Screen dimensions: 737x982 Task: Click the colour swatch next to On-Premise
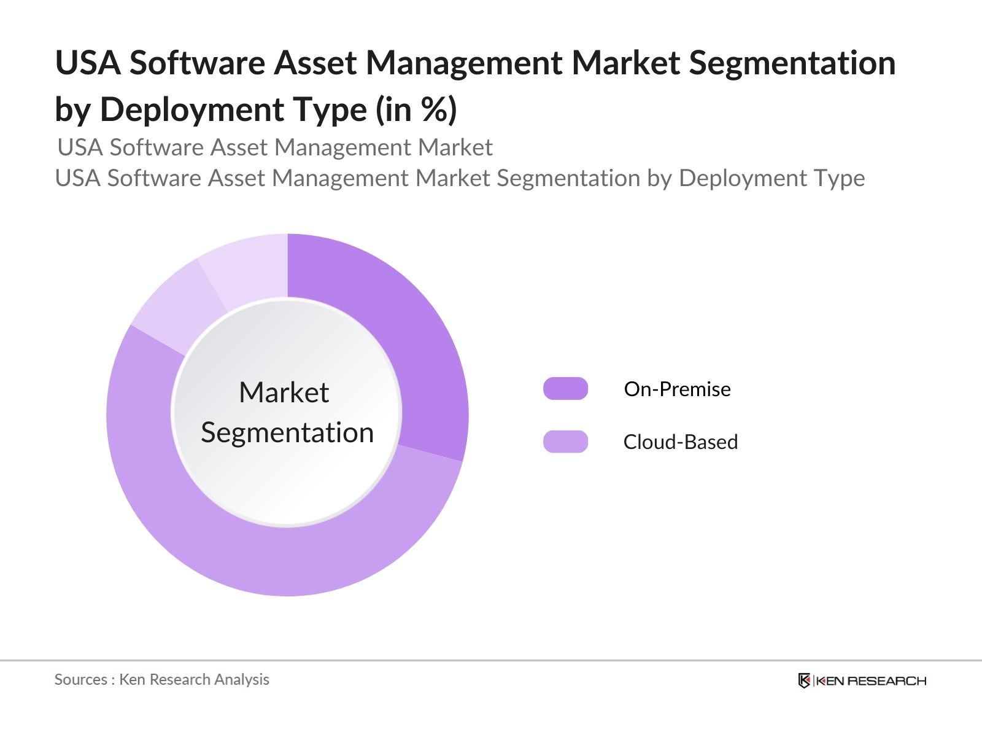tap(565, 389)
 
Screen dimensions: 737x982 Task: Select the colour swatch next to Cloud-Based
tap(565, 442)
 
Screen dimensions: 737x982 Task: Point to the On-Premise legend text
tap(677, 389)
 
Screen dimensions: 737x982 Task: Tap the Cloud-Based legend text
tap(680, 442)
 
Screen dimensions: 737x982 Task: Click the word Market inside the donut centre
tap(284, 392)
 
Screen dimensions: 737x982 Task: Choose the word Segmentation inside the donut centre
tap(287, 432)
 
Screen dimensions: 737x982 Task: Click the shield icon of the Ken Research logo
tap(804, 680)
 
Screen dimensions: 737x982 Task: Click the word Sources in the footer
tap(80, 679)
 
